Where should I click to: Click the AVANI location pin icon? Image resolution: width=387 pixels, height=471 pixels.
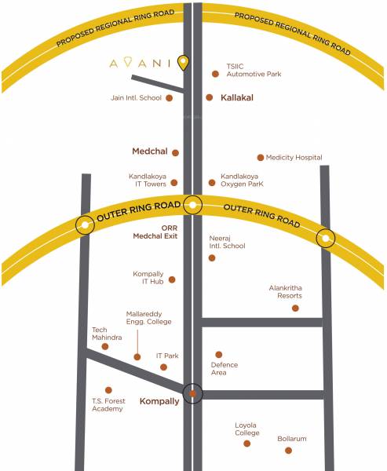[183, 62]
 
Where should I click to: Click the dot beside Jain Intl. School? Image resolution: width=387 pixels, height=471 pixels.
[170, 98]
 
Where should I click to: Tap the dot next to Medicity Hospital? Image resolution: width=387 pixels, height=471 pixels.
[261, 158]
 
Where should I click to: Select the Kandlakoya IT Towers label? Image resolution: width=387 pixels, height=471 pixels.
[150, 181]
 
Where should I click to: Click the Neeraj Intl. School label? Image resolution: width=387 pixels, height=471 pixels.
[228, 241]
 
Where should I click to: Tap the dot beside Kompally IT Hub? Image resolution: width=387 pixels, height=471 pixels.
[172, 279]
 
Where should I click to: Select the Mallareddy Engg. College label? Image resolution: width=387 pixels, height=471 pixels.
[148, 318]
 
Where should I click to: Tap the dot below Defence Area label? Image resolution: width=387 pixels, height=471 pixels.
[219, 355]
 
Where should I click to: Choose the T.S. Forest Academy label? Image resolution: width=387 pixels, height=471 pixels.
[107, 404]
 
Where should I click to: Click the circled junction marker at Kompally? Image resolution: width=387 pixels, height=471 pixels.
[192, 392]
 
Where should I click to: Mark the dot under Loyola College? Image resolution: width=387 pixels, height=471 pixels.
[246, 444]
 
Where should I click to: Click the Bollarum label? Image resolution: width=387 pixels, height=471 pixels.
[291, 438]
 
